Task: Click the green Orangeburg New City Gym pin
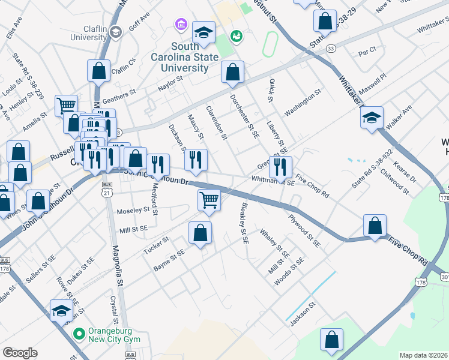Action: click(x=77, y=332)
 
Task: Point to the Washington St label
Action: click(x=303, y=103)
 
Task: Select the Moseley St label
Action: click(x=133, y=211)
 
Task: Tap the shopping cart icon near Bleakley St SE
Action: click(x=209, y=200)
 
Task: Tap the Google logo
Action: click(x=20, y=353)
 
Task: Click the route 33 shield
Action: click(x=330, y=48)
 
